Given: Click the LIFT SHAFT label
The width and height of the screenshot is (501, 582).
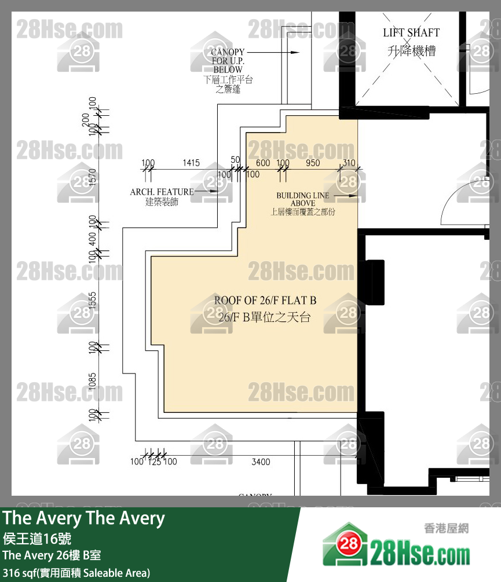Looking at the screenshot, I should [411, 33].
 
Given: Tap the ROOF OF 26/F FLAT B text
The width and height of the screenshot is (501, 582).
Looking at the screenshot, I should [265, 301].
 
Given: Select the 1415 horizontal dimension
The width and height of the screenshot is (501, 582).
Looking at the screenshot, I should [191, 163].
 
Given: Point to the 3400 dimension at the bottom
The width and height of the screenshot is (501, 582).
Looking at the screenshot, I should [261, 462].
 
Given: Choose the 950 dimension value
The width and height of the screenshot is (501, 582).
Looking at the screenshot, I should [313, 163].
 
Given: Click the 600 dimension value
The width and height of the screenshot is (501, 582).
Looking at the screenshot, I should [263, 163].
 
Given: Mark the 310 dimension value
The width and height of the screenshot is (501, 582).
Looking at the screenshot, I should [349, 163].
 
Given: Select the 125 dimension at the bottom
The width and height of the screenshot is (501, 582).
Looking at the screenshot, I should [154, 462].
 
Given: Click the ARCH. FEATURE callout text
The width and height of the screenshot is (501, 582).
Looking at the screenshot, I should [162, 192].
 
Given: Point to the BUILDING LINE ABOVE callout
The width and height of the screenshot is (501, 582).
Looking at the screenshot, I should [303, 200].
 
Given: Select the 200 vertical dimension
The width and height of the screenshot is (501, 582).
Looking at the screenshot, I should [86, 120].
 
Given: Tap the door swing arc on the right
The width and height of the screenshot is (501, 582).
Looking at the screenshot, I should [447, 203].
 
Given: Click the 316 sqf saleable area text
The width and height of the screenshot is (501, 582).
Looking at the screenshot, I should [76, 573].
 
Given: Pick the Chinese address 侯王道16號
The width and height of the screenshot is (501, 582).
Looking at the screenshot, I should [37, 537].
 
